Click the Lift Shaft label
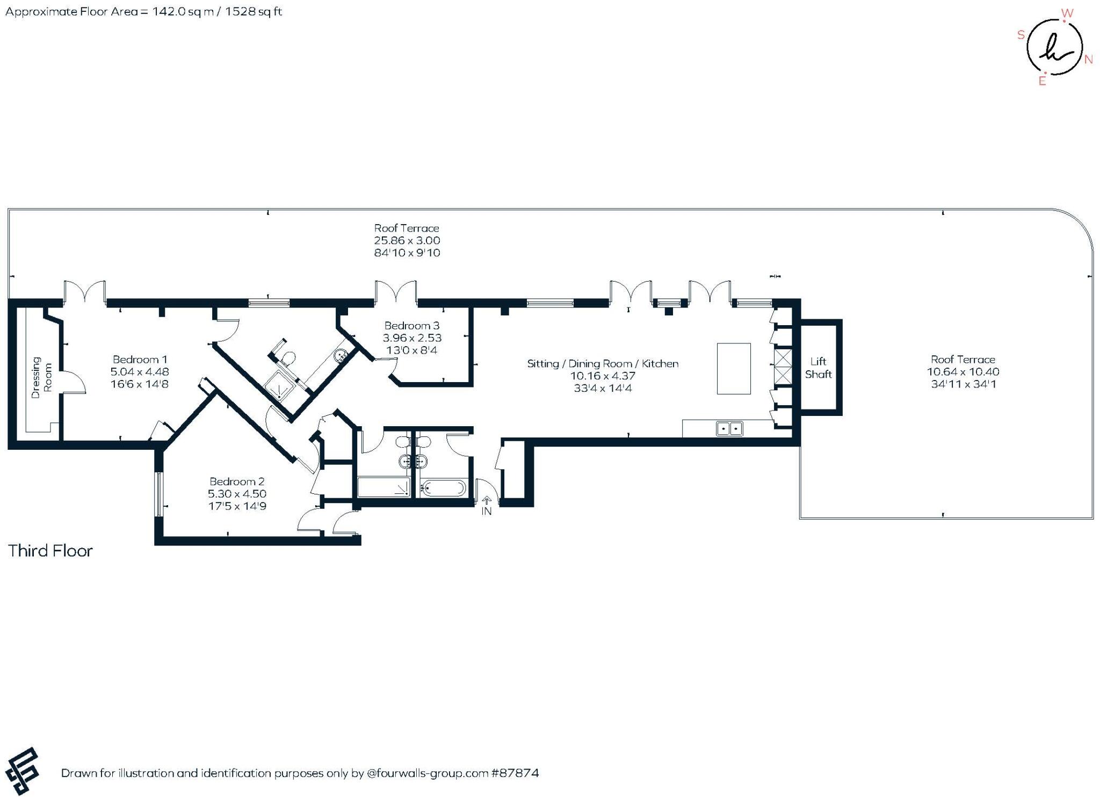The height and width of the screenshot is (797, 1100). pyautogui.click(x=818, y=368)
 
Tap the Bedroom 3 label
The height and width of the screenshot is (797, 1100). pyautogui.click(x=411, y=326)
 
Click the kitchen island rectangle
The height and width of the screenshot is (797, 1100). pyautogui.click(x=734, y=369)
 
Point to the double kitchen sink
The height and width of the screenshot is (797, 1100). pyautogui.click(x=729, y=428)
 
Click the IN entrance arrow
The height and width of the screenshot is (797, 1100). pyautogui.click(x=487, y=500)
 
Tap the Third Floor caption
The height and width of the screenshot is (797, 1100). pyautogui.click(x=50, y=551)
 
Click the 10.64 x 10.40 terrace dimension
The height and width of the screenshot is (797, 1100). pyautogui.click(x=963, y=372)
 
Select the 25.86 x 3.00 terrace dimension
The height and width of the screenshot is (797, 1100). pyautogui.click(x=407, y=241)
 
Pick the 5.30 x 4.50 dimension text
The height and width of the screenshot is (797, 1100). pyautogui.click(x=237, y=494)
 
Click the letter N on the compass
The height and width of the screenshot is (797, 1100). pyautogui.click(x=1089, y=60)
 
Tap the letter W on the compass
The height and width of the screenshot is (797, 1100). pyautogui.click(x=1067, y=13)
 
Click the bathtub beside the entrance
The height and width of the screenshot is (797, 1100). pyautogui.click(x=443, y=489)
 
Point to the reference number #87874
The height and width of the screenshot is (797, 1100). pyautogui.click(x=515, y=773)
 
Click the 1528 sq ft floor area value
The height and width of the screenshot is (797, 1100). pyautogui.click(x=254, y=12)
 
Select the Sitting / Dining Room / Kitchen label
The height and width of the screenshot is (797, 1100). pyautogui.click(x=603, y=364)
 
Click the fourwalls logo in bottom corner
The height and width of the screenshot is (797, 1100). pyautogui.click(x=22, y=771)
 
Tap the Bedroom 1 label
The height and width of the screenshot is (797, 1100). pyautogui.click(x=140, y=360)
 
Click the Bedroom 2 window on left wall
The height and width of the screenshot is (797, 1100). pyautogui.click(x=158, y=494)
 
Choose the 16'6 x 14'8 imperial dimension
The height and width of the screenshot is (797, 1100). pyautogui.click(x=140, y=384)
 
